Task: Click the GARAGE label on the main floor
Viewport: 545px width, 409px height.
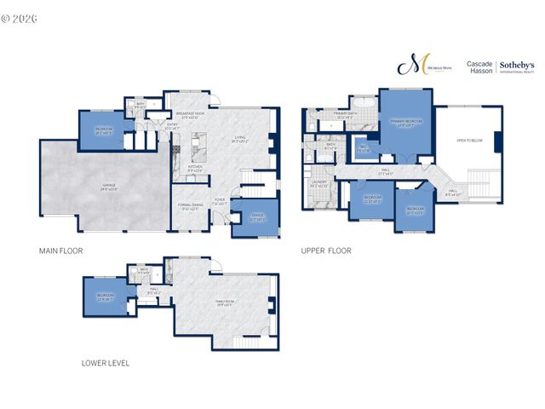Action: pos(109,187)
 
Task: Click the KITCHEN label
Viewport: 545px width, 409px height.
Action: pos(195,168)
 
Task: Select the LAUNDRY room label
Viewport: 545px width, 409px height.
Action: pos(320,183)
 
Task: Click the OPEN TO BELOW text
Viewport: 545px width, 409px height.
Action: pos(470,140)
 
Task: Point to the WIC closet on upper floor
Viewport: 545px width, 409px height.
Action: pos(364,150)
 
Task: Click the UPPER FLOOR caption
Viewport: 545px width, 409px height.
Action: pos(326,251)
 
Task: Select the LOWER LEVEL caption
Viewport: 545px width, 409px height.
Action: pos(106,362)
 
